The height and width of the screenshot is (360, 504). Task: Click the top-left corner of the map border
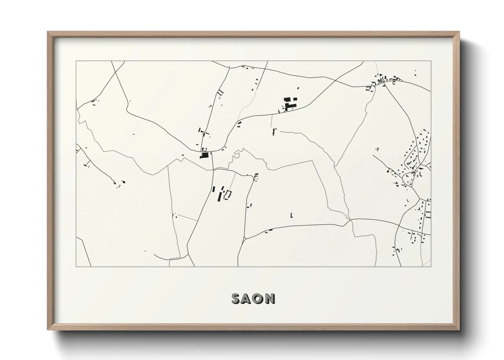(x=76, y=61)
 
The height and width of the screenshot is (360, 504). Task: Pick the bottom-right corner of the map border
(x=431, y=266)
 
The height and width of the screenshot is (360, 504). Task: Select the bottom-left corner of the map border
(x=76, y=266)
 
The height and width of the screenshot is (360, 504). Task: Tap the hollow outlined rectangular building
(x=227, y=194)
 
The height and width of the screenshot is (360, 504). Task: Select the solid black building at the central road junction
(x=204, y=155)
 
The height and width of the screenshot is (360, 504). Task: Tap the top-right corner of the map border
(x=431, y=61)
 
